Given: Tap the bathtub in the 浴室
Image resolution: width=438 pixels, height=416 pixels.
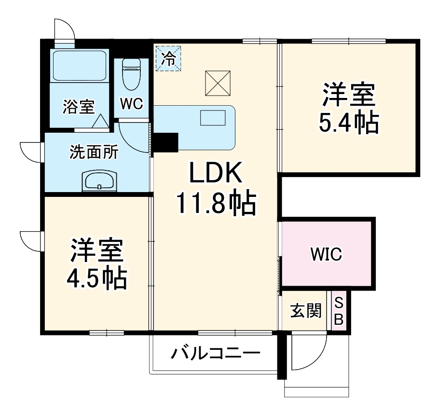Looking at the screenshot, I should (x=80, y=65).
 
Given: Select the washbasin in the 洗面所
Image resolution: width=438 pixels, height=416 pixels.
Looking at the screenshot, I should (x=100, y=181).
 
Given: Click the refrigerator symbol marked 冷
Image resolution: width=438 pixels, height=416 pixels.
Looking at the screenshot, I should (x=168, y=58).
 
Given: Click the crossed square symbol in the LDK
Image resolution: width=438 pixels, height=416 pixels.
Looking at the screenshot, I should (x=218, y=83).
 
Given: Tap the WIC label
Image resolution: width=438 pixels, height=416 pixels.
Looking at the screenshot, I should (x=326, y=253).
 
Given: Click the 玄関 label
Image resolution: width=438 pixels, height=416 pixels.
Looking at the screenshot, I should (x=305, y=311).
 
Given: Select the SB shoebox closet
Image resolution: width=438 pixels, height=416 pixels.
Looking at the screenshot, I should (x=339, y=311).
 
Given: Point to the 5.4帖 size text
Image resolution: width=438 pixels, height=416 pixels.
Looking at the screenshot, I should (x=348, y=124).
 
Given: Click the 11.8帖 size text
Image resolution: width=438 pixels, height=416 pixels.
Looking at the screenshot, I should (x=215, y=205).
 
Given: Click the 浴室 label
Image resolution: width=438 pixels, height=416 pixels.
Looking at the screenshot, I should (x=78, y=107).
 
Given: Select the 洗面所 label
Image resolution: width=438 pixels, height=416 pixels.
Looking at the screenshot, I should (x=94, y=153).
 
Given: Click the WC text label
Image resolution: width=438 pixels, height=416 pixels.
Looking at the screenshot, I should (x=131, y=105).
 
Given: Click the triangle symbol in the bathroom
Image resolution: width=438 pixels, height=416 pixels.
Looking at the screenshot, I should (x=102, y=122).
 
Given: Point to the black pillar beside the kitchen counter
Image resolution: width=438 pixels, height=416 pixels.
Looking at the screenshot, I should (x=165, y=141).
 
